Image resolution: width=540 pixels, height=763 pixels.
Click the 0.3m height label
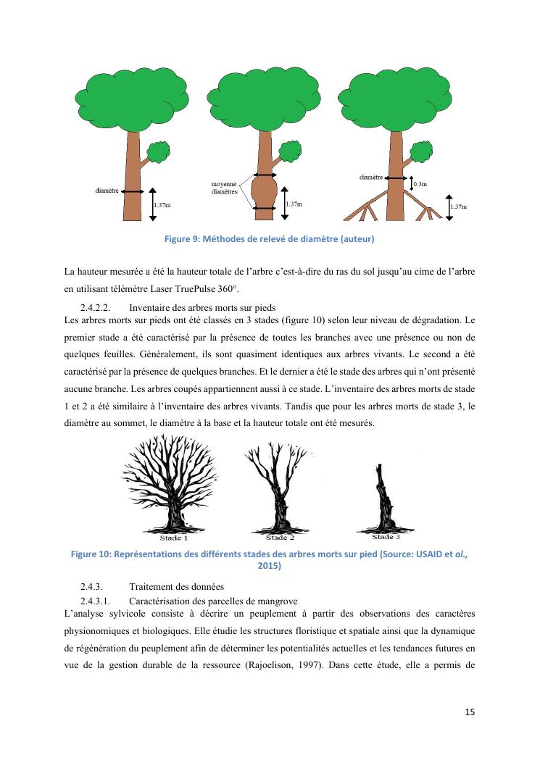click(x=420, y=185)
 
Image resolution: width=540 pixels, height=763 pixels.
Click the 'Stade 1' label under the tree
click(x=174, y=538)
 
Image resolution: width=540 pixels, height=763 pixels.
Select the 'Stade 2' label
click(x=280, y=538)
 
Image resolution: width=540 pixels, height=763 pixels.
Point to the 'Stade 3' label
click(x=386, y=537)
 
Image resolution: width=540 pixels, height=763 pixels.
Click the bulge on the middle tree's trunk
click(x=265, y=192)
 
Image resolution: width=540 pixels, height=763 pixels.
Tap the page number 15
click(x=470, y=712)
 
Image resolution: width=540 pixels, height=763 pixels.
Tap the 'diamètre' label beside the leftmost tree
click(x=107, y=191)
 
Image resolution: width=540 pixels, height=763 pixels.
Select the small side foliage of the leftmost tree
click(x=157, y=152)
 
